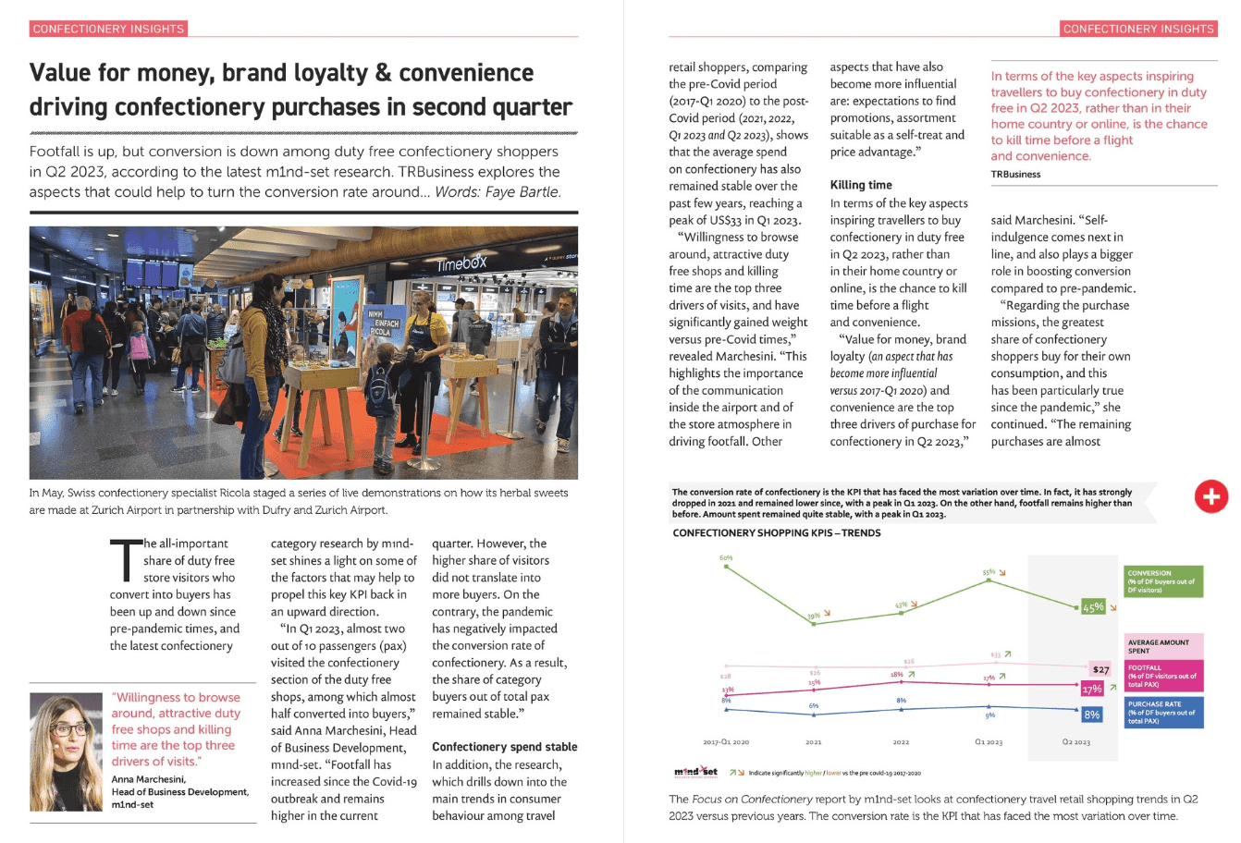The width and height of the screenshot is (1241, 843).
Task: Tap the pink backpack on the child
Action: [x=140, y=346]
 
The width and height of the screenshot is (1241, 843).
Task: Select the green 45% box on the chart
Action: [x=1093, y=607]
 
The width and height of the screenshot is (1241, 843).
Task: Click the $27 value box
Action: [x=1100, y=669]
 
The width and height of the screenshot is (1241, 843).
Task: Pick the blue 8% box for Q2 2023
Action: [x=1091, y=715]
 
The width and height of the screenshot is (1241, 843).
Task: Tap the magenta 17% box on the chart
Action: [x=1091, y=689]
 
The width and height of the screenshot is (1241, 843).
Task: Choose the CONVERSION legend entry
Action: [x=1163, y=581]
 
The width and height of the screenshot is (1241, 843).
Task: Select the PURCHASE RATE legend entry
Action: [x=1163, y=712]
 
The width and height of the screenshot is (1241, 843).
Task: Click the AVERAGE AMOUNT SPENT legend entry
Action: [x=1163, y=646]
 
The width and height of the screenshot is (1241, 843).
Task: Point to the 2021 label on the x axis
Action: [x=814, y=741]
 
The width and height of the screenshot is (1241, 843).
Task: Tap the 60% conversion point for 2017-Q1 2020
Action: [x=726, y=566]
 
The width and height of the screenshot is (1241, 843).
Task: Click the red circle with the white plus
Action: [x=1210, y=495]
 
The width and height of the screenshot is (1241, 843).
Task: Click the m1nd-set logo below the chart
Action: [x=694, y=772]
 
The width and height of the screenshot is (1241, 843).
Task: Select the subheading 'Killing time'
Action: [x=860, y=185]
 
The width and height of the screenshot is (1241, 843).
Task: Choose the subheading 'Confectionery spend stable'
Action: [x=504, y=747]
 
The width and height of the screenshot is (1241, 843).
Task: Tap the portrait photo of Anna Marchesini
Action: [x=66, y=751]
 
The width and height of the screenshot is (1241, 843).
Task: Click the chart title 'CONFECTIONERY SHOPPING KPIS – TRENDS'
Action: [x=776, y=533]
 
